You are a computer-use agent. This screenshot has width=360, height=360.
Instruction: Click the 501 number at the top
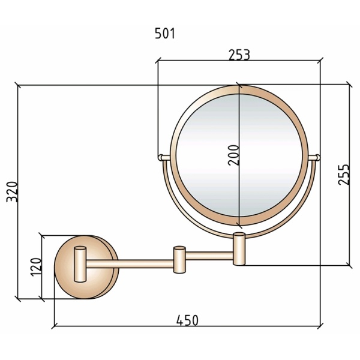tap(165, 34)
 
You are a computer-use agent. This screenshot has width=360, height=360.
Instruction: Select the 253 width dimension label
tap(239, 55)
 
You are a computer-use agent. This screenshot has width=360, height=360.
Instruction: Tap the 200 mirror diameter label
tap(234, 155)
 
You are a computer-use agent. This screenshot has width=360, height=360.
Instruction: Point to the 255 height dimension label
tap(344, 175)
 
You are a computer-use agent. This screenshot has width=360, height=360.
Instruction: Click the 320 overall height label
tap(12, 192)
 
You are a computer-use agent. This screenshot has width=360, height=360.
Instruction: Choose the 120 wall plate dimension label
tap(36, 267)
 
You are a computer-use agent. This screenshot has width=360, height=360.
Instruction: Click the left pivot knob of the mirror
tap(164, 157)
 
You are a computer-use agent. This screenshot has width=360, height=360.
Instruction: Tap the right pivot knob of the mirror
tap(314, 157)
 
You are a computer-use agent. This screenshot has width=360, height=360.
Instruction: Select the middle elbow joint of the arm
tap(179, 260)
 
